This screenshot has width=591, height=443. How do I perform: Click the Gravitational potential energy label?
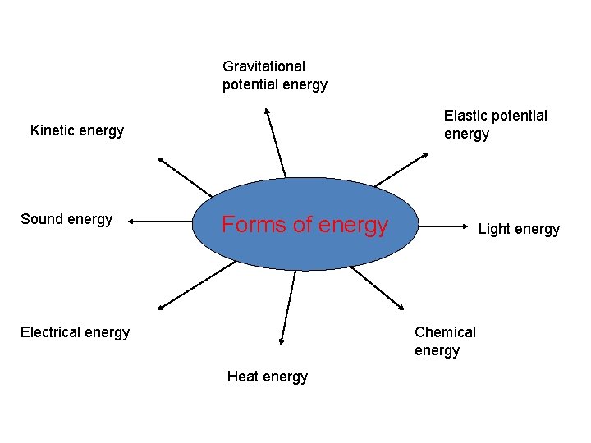coord(275,75)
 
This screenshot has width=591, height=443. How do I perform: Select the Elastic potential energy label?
coord(495,125)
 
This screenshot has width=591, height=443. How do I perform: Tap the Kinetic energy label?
coord(77,130)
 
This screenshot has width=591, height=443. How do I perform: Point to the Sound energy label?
coord(66,219)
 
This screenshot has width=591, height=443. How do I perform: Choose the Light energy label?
coord(519,229)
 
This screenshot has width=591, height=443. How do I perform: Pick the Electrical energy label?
coord(75,332)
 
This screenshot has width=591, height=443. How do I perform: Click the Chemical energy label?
coord(445,341)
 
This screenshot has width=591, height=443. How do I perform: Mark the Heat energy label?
coord(268,377)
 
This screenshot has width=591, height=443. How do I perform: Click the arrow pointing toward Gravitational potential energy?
coord(276,143)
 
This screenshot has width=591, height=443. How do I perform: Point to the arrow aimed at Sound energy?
coord(161,221)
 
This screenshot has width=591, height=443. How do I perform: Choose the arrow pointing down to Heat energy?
coord(287,307)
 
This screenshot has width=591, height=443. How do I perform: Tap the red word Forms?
coord(247,225)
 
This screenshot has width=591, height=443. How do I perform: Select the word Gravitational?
coord(263,66)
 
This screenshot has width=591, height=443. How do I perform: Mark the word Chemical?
coord(445,332)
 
